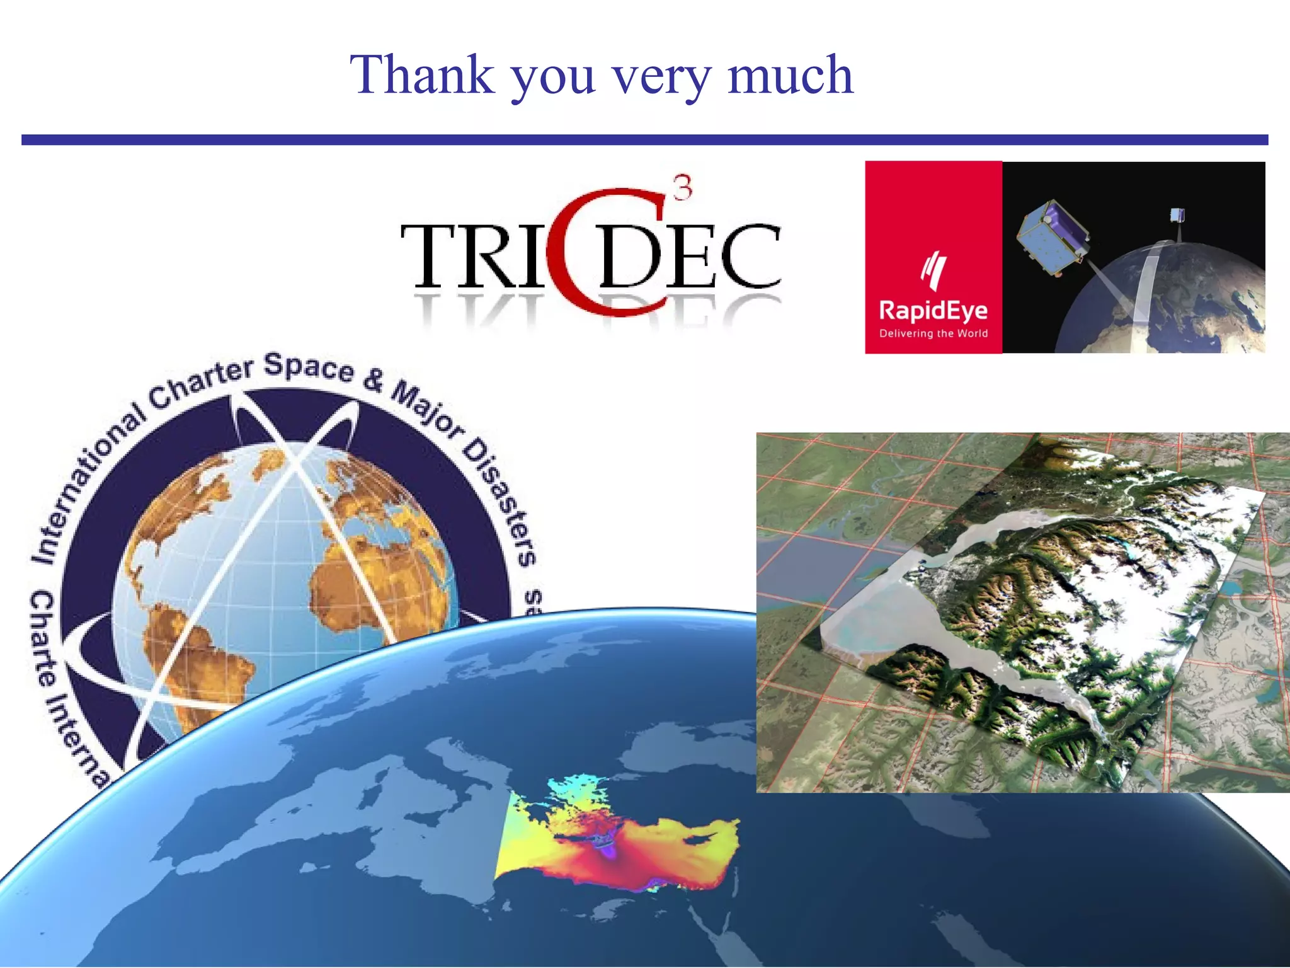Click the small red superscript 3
point(682,188)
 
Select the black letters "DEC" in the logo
point(690,256)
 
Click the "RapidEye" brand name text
point(933,310)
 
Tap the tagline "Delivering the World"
point(933,333)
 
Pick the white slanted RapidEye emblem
point(933,270)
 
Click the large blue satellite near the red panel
point(1051,236)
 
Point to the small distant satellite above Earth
point(1177,216)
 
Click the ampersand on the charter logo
point(374,380)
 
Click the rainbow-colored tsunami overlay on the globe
point(617,844)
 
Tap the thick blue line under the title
point(645,140)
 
